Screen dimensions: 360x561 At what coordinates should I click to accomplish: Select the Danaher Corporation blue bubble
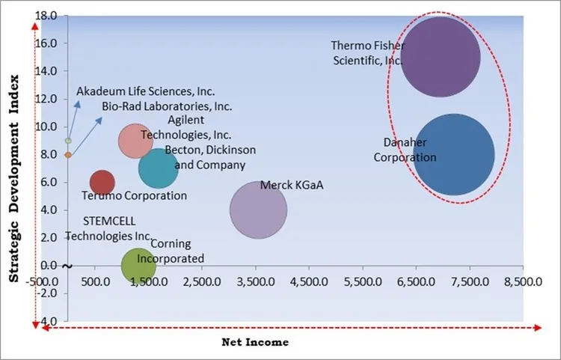[x=454, y=154]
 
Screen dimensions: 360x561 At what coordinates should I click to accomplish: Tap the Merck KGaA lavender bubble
[x=258, y=210]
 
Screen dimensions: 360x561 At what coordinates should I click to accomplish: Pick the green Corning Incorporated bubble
[x=138, y=265]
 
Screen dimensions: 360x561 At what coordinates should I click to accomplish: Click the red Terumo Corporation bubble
[x=102, y=182]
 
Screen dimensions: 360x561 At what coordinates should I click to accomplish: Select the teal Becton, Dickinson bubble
[x=158, y=168]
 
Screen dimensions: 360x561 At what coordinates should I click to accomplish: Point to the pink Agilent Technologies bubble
[x=135, y=140]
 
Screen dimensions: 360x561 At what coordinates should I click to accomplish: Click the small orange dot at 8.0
[x=68, y=155]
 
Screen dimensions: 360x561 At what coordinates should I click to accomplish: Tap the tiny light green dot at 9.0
[x=68, y=141]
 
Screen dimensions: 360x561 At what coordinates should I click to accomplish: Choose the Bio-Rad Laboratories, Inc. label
[x=167, y=106]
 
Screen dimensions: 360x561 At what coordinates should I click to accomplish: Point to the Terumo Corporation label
[x=134, y=196]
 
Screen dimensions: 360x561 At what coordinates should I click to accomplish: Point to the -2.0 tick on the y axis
[x=50, y=293]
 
